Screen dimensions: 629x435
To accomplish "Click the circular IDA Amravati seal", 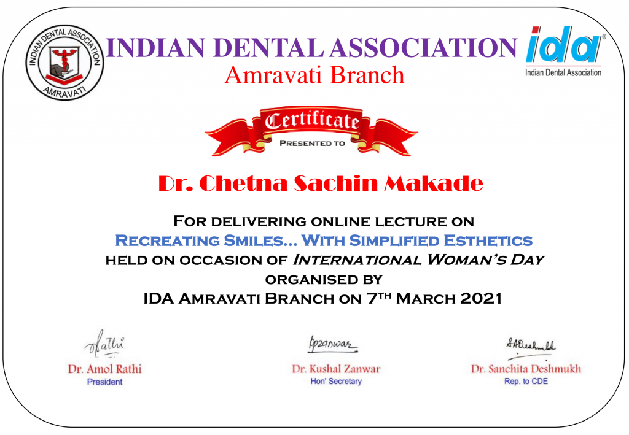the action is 64,62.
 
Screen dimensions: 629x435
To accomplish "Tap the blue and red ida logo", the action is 564,51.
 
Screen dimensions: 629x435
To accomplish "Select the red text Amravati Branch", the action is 314,75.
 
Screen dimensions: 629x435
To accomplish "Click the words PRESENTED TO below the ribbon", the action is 312,144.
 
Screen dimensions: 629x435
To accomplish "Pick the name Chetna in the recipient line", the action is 243,183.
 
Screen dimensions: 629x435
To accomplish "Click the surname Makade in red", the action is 434,183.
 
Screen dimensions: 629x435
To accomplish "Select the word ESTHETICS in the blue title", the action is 488,241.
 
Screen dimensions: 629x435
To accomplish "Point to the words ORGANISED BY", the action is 324,280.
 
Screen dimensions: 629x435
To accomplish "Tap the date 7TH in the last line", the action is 379,298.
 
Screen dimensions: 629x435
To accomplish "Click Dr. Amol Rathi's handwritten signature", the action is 104,344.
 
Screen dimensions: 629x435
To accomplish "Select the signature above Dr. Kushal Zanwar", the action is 332,345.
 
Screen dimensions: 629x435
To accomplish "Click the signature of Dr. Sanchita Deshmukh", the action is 531,348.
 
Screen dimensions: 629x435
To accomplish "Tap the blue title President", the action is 104,382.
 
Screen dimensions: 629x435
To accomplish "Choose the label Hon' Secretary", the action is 336,382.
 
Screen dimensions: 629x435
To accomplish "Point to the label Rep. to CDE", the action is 526,382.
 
